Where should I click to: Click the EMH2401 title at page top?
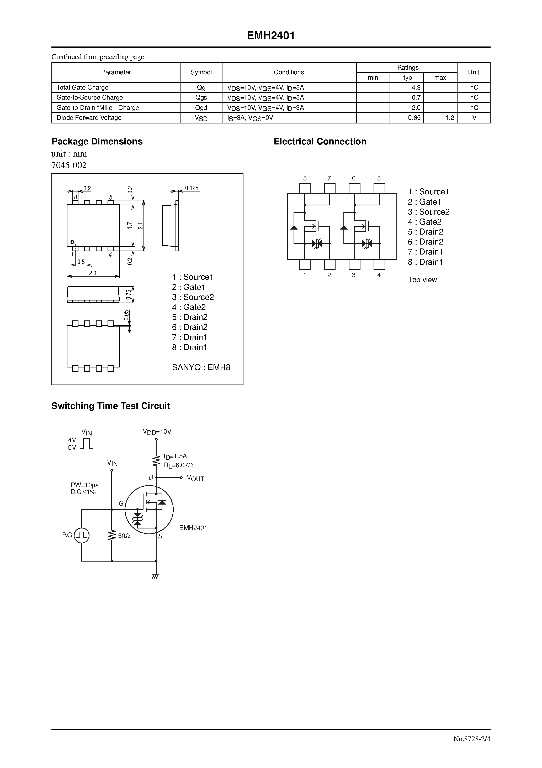tap(271, 36)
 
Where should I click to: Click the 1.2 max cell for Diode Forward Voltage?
tap(449, 118)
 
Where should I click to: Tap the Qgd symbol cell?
tap(201, 108)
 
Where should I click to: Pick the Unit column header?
tap(473, 72)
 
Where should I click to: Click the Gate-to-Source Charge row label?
tap(89, 98)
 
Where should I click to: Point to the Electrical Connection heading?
tap(320, 142)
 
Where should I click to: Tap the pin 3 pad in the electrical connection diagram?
tap(354, 264)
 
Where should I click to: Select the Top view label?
tap(422, 280)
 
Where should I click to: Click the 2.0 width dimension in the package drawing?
tap(93, 273)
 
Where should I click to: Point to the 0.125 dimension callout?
tap(192, 188)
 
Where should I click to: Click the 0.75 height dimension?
tap(129, 294)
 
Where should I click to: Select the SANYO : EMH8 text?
tap(201, 367)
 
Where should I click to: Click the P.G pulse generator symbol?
tap(82, 535)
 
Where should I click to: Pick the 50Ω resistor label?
tap(124, 536)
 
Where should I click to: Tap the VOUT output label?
tap(195, 479)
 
